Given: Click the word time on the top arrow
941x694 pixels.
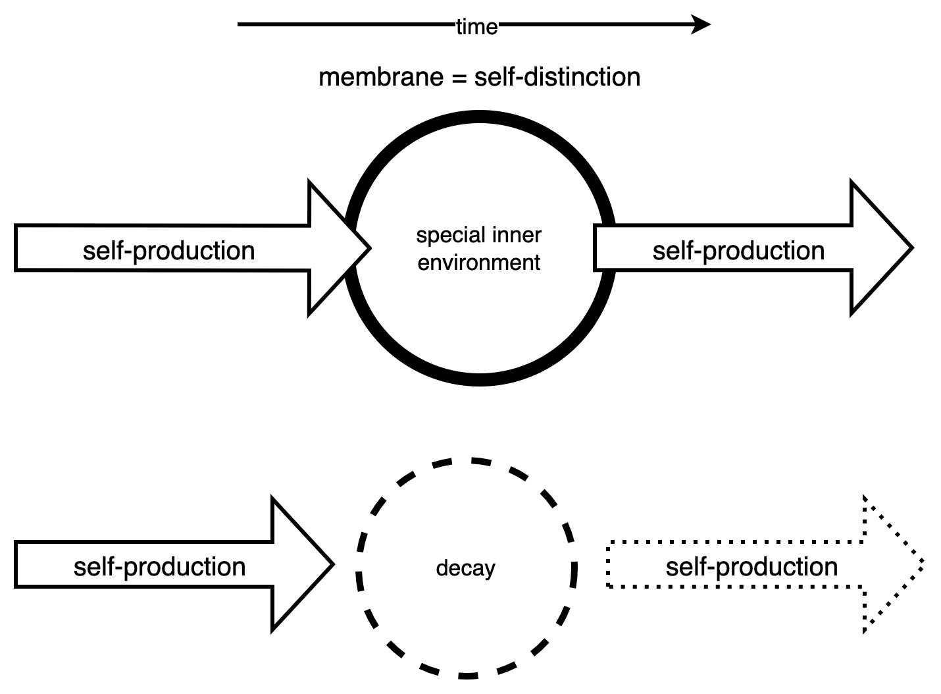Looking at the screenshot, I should [x=477, y=27].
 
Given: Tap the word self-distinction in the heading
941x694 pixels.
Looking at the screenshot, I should [x=557, y=77].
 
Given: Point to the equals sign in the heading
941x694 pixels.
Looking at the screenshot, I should [x=458, y=78].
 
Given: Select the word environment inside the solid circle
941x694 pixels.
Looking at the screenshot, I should [x=479, y=262].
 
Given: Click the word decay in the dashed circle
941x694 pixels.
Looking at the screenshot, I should [x=465, y=568].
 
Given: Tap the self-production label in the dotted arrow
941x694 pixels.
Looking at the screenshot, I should [x=751, y=567].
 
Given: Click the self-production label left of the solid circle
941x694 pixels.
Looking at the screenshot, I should [x=168, y=251].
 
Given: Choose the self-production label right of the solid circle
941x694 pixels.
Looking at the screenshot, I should [x=738, y=251].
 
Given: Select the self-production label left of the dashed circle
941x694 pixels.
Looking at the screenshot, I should [x=159, y=567].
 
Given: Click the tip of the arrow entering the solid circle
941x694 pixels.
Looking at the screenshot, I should [x=369, y=248].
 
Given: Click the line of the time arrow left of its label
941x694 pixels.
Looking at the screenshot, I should [x=342, y=25].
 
